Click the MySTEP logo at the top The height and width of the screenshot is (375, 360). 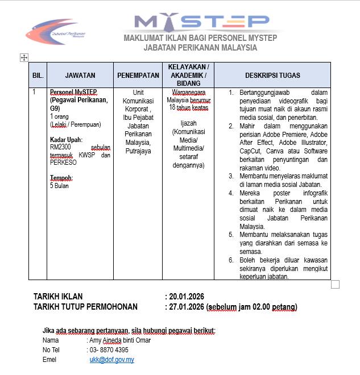point(202,22)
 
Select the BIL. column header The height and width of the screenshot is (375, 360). point(37,75)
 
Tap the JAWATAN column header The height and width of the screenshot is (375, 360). point(80,75)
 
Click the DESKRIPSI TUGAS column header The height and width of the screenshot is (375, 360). point(272,75)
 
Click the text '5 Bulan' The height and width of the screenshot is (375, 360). point(60,186)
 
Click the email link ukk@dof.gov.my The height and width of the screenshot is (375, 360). point(111,360)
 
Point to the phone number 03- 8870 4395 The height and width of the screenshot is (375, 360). point(109,350)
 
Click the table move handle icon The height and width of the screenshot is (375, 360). point(24,57)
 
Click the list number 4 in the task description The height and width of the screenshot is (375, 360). point(231,193)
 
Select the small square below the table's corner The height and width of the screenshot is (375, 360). point(335,284)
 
